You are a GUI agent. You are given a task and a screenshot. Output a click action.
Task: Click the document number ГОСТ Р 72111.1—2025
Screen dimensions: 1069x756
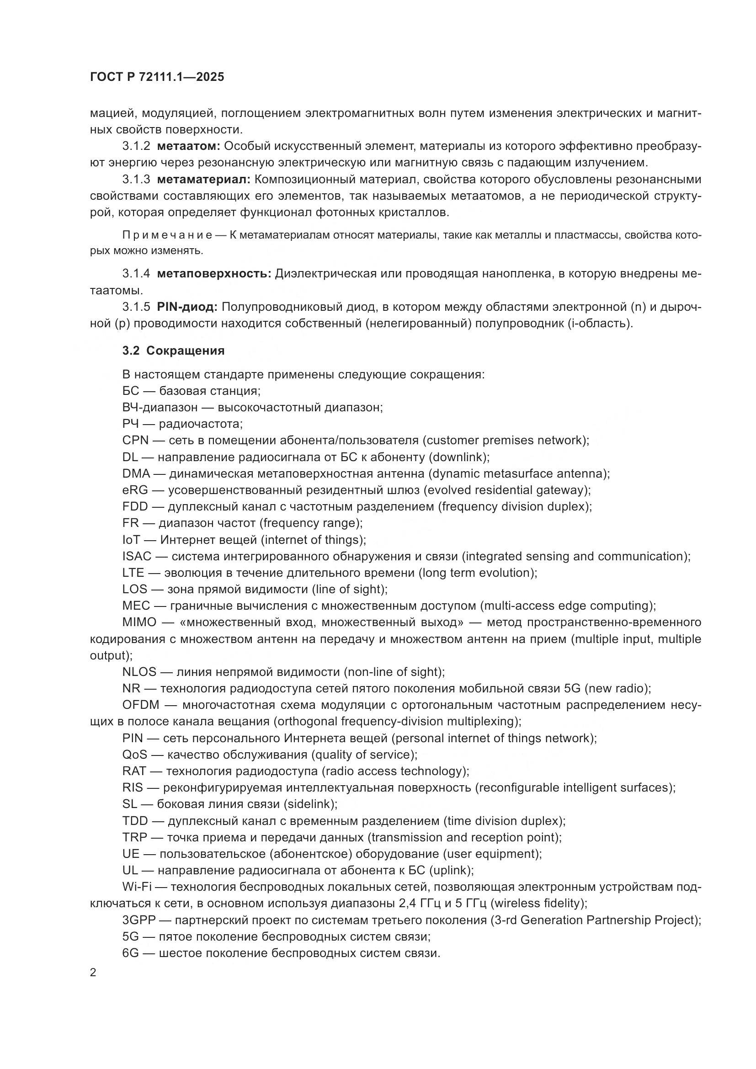[x=157, y=77]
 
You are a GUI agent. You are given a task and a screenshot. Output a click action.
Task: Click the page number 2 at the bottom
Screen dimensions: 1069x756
[x=93, y=973]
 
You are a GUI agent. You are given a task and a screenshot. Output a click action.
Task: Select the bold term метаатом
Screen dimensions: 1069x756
[x=188, y=146]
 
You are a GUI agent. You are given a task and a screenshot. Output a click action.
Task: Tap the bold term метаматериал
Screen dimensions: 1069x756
[x=204, y=179]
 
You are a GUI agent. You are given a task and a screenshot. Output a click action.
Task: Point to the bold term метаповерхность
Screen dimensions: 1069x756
[x=214, y=274]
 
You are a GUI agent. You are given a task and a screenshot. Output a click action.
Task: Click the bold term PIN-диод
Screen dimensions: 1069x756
[x=187, y=307]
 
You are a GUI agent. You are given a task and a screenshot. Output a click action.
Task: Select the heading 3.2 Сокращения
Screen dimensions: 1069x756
[x=173, y=351]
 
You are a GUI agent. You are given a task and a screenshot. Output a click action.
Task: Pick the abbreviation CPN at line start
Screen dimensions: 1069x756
[x=135, y=441]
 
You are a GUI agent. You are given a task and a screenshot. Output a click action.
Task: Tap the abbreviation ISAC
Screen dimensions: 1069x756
[x=137, y=556]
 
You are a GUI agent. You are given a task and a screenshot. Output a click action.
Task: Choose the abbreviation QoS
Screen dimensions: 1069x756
[x=134, y=755]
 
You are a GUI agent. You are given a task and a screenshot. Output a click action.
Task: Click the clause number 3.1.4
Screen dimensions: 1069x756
[x=136, y=274]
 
